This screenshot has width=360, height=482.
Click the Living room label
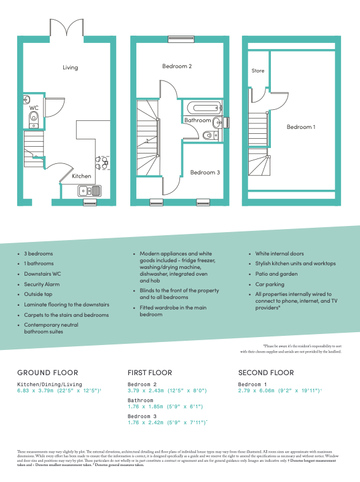click(70, 67)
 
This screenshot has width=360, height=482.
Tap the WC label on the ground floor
click(34, 107)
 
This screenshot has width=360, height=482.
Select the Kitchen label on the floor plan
click(82, 176)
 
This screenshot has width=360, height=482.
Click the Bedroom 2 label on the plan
click(177, 66)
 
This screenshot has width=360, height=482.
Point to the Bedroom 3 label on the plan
click(205, 173)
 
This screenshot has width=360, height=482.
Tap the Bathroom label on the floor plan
click(197, 120)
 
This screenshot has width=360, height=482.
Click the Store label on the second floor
click(258, 71)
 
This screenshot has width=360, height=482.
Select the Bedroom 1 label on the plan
click(300, 127)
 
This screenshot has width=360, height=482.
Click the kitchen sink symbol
click(90, 191)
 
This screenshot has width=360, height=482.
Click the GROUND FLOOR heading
click(47, 373)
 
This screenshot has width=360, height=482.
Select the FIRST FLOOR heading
click(149, 373)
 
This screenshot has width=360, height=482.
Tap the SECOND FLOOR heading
click(265, 373)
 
